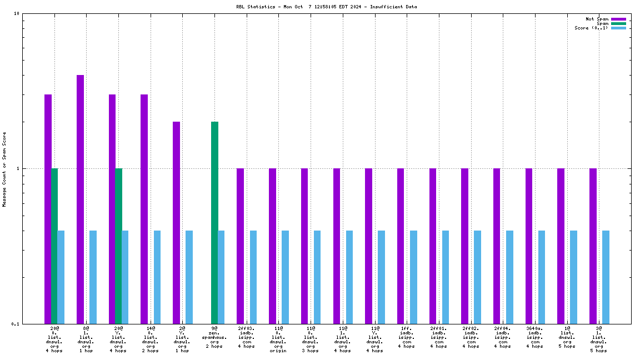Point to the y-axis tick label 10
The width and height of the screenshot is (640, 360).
(x=17, y=14)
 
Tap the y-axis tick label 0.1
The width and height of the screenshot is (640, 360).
(x=15, y=324)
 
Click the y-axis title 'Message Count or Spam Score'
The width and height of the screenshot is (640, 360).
(x=4, y=169)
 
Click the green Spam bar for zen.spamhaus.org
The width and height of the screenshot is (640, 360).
(x=214, y=222)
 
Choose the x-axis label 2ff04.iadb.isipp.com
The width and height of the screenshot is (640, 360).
(x=503, y=337)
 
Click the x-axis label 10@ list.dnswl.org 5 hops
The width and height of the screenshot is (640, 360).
(x=567, y=337)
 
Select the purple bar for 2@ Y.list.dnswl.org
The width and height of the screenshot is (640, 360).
(x=176, y=222)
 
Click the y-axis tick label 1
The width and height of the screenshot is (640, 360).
(x=18, y=169)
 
